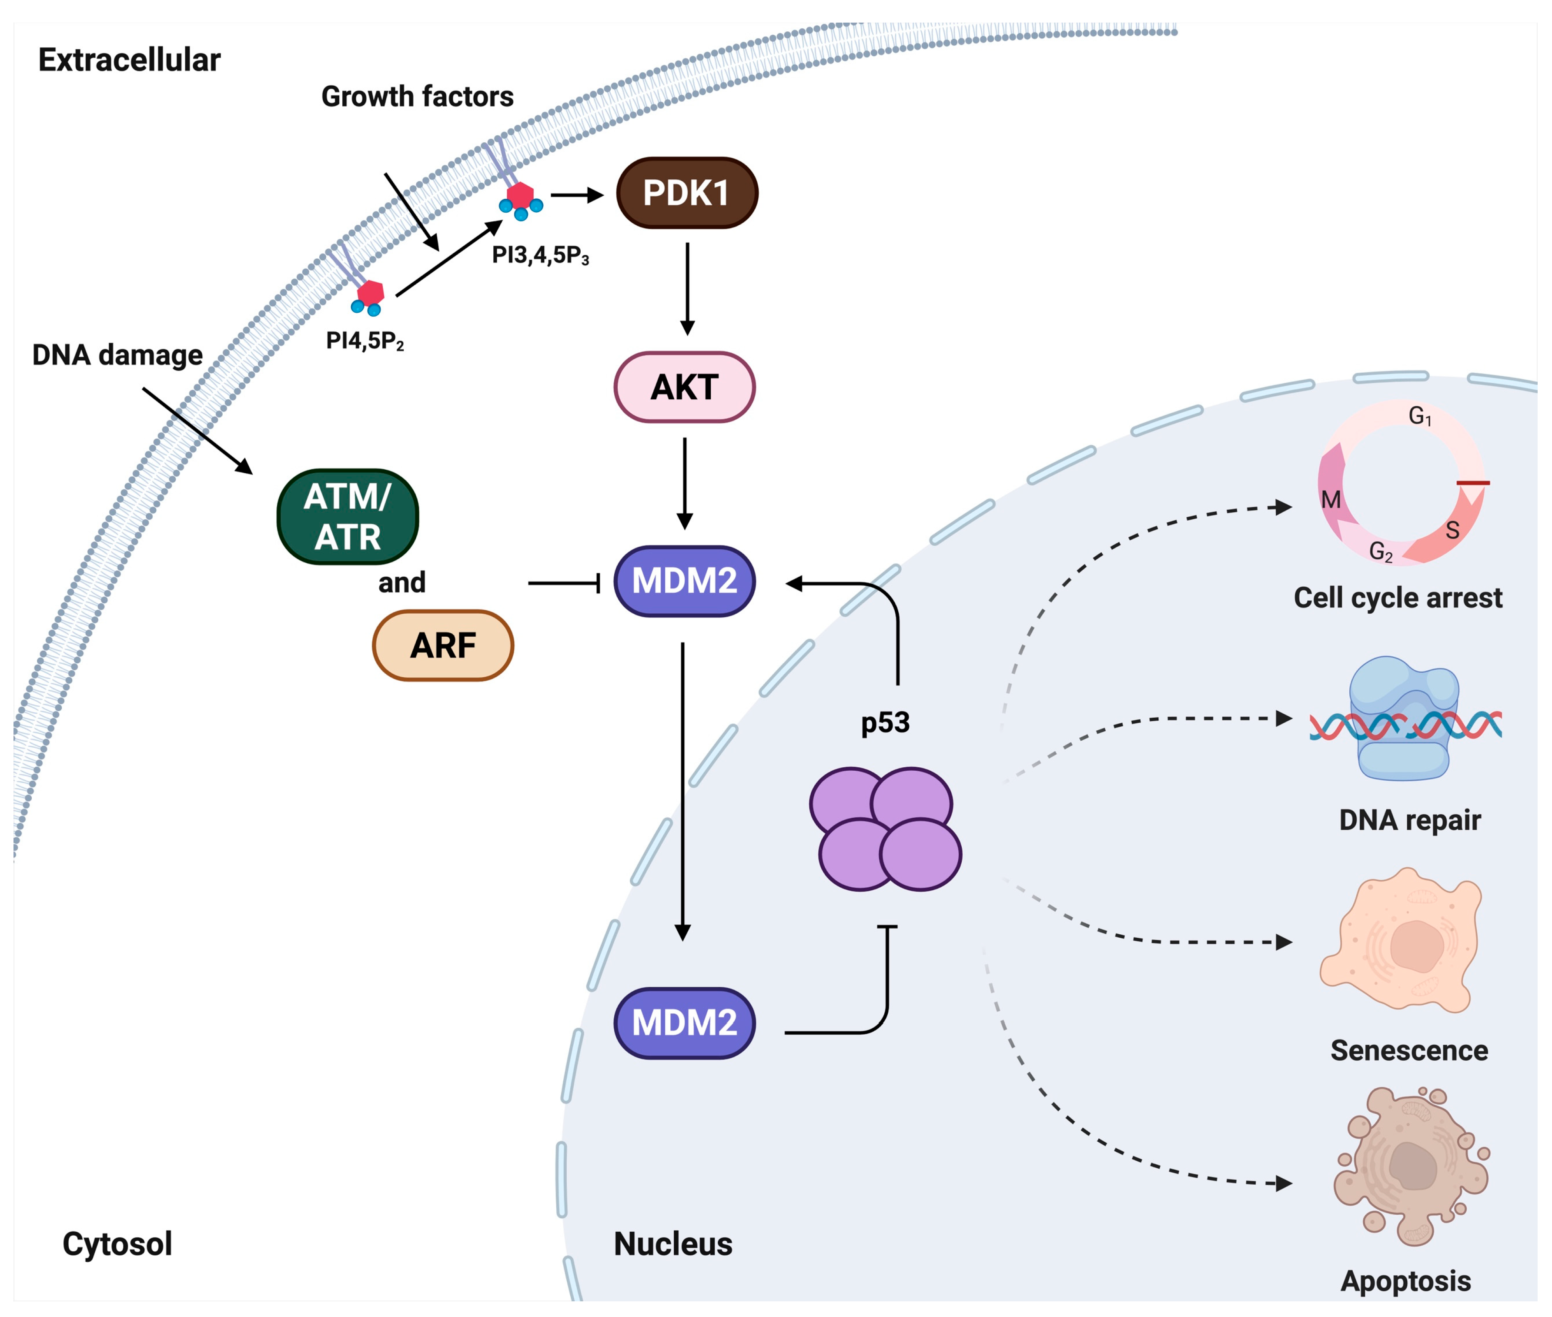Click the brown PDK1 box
tap(687, 193)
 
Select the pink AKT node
tap(685, 387)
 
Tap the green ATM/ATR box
tap(348, 517)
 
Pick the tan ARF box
tap(443, 645)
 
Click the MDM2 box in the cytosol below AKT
tap(685, 581)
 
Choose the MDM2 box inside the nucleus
tap(685, 1023)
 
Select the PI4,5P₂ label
tap(365, 341)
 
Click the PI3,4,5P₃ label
tap(541, 255)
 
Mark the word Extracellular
tap(129, 60)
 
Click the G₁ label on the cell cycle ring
tap(1420, 416)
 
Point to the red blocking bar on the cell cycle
tap(1473, 483)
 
